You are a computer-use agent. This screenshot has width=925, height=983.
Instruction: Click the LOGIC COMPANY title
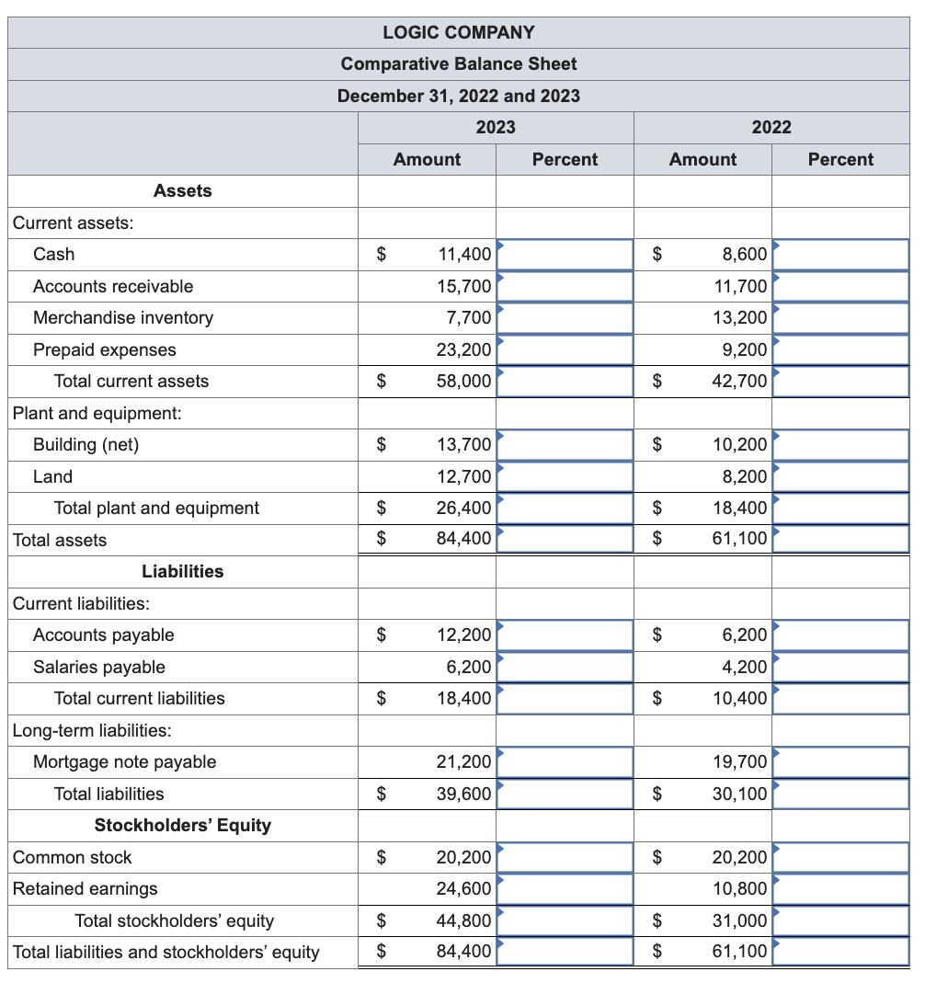[458, 32]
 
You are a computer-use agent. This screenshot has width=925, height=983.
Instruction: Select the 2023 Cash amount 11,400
[464, 255]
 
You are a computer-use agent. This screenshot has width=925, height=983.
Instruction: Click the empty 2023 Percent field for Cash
[565, 255]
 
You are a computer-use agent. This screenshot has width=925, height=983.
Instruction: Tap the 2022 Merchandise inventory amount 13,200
[740, 318]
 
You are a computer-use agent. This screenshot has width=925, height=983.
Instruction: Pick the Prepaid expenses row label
[104, 349]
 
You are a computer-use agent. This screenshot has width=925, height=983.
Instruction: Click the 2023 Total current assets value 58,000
[464, 382]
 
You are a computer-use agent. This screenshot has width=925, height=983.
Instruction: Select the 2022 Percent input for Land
[840, 476]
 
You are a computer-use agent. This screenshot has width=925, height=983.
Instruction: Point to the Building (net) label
[86, 445]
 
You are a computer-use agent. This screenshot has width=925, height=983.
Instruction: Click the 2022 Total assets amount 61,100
[740, 540]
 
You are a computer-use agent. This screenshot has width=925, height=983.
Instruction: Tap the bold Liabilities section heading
[182, 572]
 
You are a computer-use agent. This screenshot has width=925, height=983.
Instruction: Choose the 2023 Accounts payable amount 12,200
[464, 635]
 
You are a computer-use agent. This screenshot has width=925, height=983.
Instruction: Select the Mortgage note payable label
[124, 762]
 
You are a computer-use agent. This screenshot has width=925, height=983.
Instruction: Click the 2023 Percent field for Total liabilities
[565, 794]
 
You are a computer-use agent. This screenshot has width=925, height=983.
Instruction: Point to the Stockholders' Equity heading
[182, 826]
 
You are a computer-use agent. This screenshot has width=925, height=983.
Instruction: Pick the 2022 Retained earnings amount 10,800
[740, 889]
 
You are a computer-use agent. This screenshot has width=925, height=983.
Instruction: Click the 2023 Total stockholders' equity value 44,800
[464, 920]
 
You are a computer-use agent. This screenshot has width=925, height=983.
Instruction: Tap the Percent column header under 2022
[840, 159]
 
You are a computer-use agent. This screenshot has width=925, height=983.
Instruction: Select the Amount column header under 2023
[427, 159]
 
